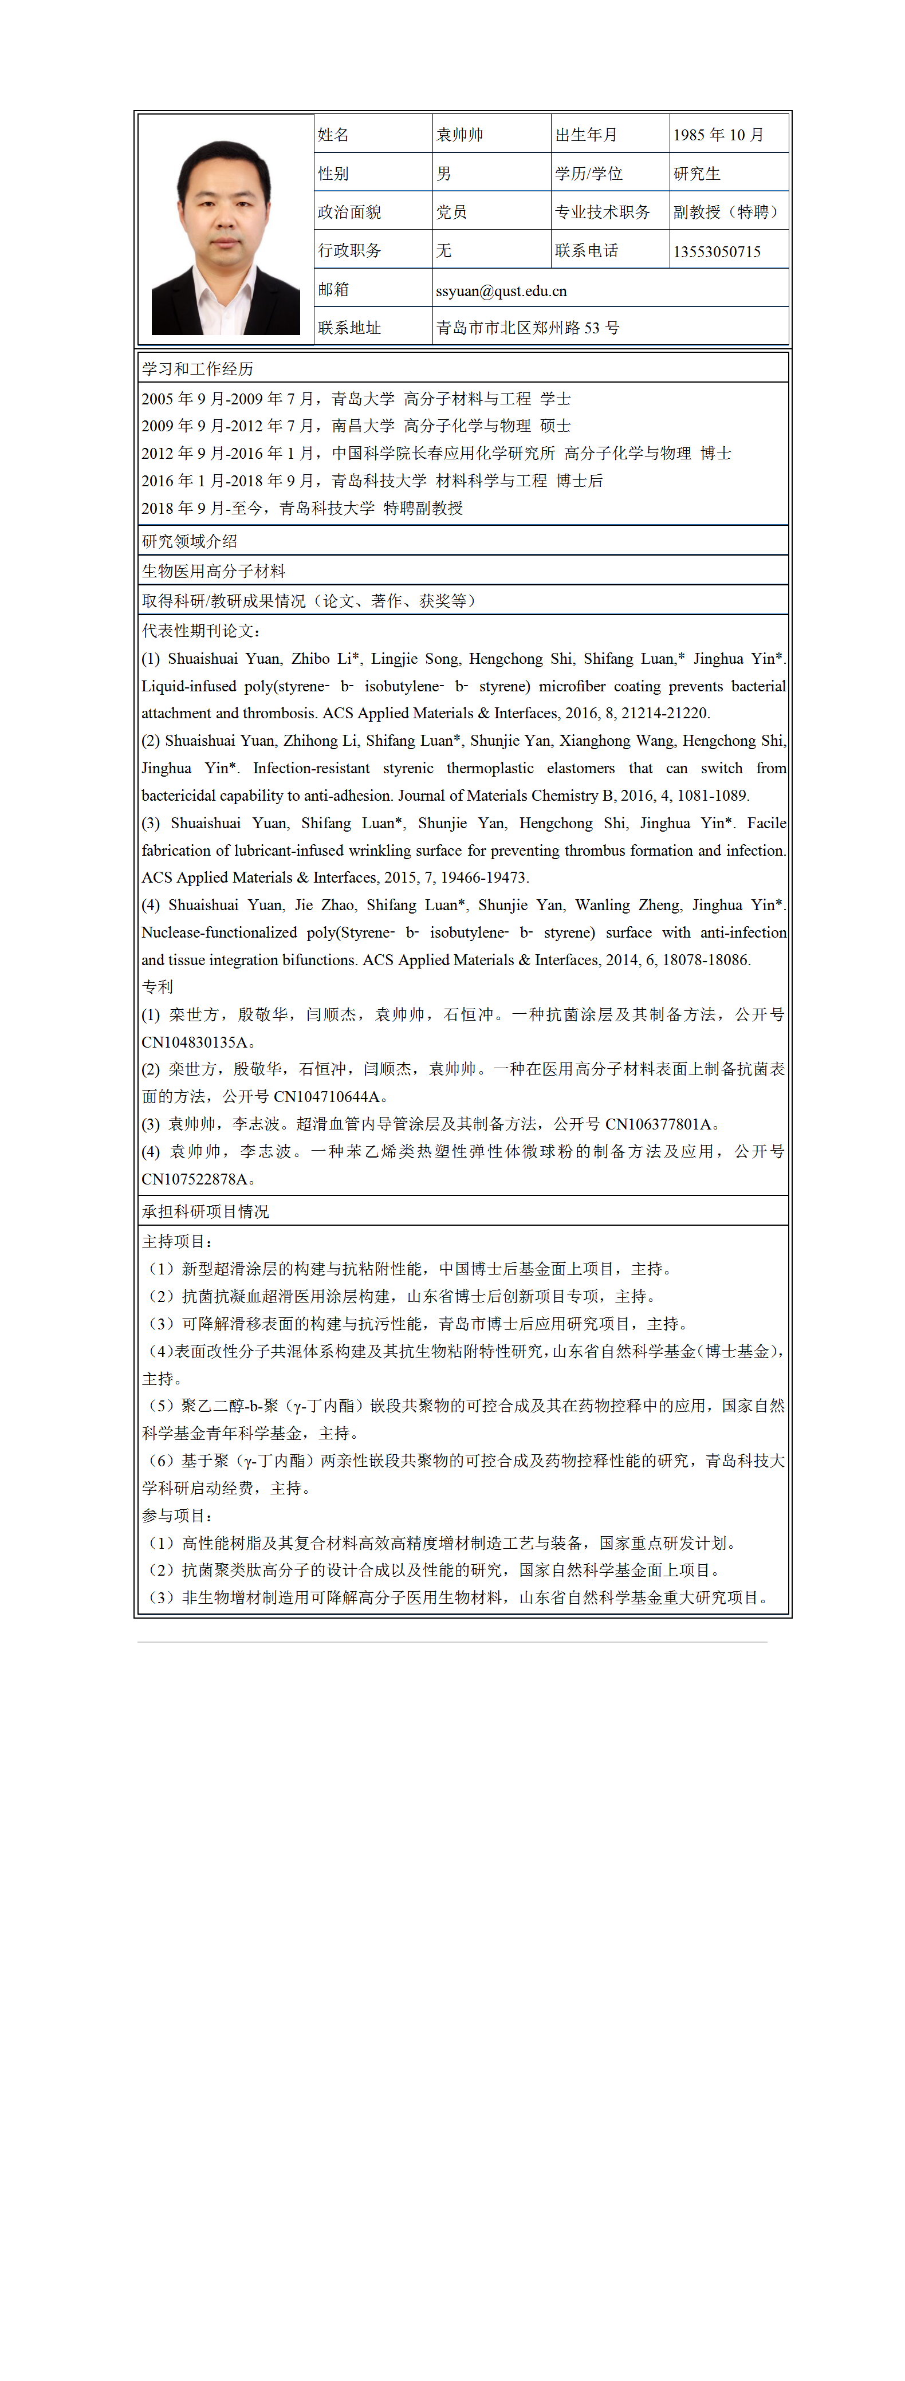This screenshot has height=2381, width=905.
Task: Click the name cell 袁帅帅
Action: (459, 135)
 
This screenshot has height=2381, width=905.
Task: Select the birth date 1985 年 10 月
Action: (718, 135)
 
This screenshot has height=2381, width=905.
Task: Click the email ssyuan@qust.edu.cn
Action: (501, 291)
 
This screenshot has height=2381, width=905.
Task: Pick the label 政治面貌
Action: (349, 212)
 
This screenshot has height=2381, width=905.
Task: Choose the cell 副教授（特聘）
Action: (727, 212)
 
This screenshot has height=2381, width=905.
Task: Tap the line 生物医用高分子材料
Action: (214, 571)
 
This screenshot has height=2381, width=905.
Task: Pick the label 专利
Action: (157, 987)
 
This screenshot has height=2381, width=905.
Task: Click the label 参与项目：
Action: (178, 1516)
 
